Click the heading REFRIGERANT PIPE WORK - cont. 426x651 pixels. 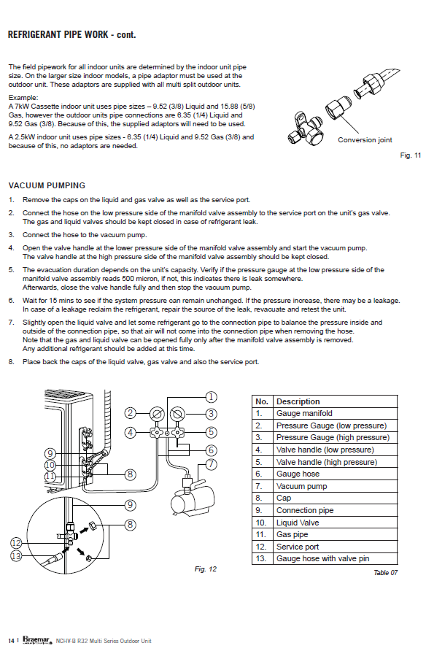(x=71, y=35)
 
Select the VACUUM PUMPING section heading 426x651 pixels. (x=47, y=185)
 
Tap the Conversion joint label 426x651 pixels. (x=365, y=140)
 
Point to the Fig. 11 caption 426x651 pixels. (x=411, y=155)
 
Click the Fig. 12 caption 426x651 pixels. (x=205, y=569)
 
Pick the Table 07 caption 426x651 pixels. (x=385, y=572)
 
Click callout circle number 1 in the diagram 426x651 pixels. (x=211, y=397)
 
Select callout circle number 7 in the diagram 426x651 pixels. (x=211, y=463)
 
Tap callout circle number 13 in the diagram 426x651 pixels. (x=16, y=555)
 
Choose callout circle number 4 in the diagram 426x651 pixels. (x=131, y=433)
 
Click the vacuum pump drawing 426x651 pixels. (x=192, y=496)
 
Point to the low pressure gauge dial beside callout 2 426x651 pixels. (x=157, y=415)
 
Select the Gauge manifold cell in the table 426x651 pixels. (x=304, y=414)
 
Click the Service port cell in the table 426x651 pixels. (x=298, y=547)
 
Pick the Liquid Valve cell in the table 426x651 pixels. (x=298, y=523)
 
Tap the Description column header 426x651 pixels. (x=298, y=401)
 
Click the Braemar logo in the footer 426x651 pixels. (x=36, y=640)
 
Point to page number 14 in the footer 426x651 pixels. (x=11, y=641)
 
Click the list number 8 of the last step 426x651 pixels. (x=11, y=362)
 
